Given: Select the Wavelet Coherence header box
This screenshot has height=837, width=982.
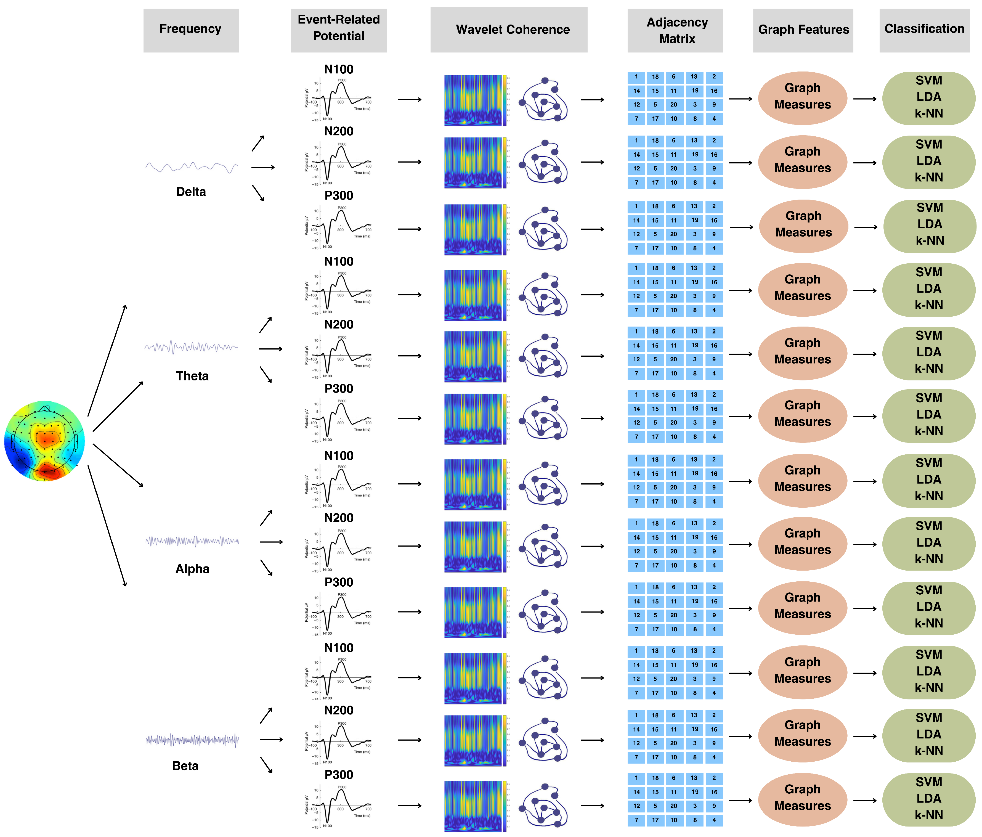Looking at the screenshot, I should click(x=509, y=30).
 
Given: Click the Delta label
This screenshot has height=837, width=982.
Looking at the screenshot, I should click(x=191, y=192).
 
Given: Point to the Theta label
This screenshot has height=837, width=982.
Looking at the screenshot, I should click(x=192, y=376).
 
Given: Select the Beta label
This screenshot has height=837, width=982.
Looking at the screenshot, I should click(x=185, y=766).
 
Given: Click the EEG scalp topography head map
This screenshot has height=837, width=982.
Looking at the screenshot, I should click(x=44, y=441).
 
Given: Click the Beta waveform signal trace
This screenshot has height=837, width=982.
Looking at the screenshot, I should click(x=192, y=740).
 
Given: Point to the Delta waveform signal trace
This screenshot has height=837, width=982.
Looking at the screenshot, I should click(x=192, y=167).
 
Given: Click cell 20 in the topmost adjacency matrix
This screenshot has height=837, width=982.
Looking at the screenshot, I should click(x=673, y=105).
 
